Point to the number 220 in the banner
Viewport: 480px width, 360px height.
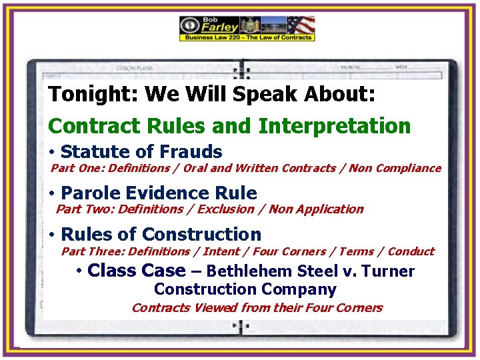(x=243, y=38)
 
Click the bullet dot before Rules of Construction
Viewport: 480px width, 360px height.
(x=52, y=235)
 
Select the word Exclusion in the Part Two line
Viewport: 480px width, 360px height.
(x=227, y=209)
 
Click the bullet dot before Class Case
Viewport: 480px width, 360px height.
(x=79, y=271)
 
